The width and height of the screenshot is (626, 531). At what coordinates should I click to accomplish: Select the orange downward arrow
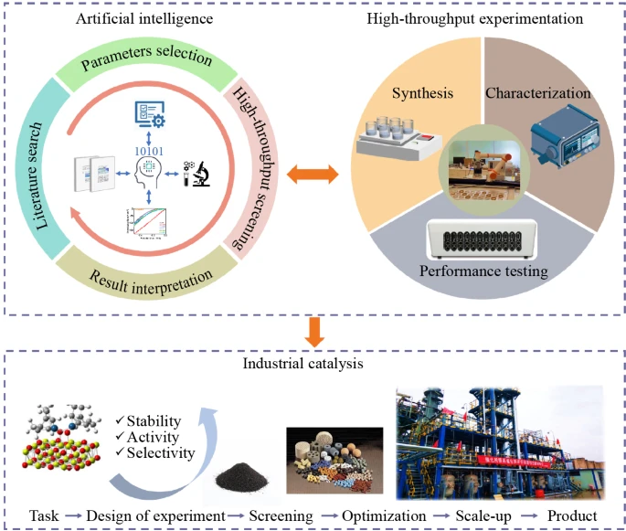pyautogui.click(x=313, y=331)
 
